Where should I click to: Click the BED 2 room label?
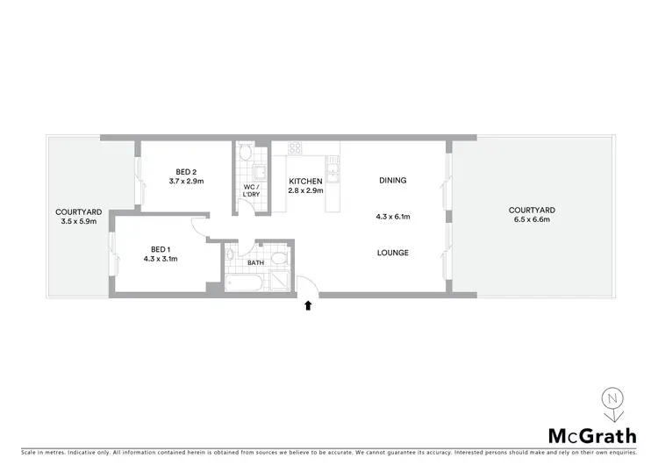pos(186,171)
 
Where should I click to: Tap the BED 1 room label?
pos(160,248)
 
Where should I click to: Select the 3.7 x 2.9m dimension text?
pos(186,182)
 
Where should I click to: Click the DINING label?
pos(392,181)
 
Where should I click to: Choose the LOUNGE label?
pos(392,253)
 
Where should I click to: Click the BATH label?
pos(255,262)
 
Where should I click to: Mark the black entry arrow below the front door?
pos(308,306)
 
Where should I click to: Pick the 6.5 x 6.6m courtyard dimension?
pos(532,220)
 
